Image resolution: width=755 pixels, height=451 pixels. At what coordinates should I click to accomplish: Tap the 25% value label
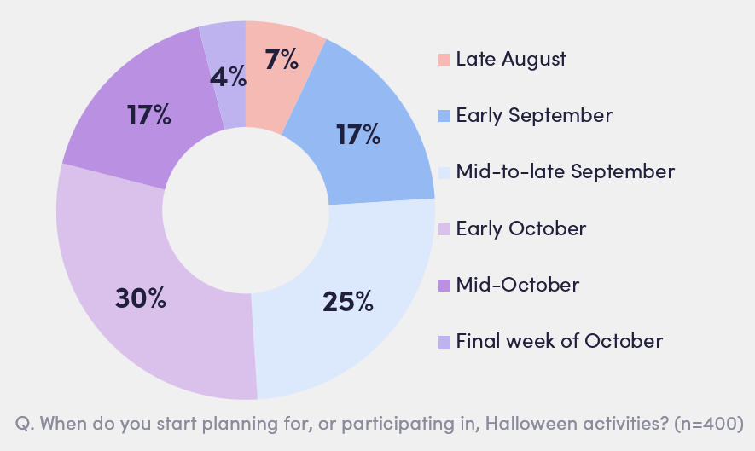pyautogui.click(x=347, y=301)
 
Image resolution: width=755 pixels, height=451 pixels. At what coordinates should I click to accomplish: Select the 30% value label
pyautogui.click(x=140, y=298)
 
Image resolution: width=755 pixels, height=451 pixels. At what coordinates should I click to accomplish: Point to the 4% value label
pyautogui.click(x=228, y=78)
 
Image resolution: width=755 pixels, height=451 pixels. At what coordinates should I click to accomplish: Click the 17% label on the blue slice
pyautogui.click(x=357, y=134)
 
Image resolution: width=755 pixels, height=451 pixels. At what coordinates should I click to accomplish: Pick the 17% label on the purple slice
pyautogui.click(x=148, y=115)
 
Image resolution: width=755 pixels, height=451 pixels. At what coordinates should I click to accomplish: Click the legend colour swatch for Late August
pyautogui.click(x=444, y=60)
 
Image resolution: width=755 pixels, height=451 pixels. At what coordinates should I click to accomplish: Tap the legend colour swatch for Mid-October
pyautogui.click(x=444, y=285)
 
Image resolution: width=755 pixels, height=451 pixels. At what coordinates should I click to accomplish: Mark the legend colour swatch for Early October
pyautogui.click(x=444, y=228)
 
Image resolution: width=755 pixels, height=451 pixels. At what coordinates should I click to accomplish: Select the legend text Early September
pyautogui.click(x=534, y=115)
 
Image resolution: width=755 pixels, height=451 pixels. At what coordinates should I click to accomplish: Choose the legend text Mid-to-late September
pyautogui.click(x=565, y=171)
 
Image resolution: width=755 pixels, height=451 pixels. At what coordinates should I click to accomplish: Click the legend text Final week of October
pyautogui.click(x=559, y=341)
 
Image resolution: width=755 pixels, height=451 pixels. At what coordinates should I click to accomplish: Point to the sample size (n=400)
pyautogui.click(x=703, y=423)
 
